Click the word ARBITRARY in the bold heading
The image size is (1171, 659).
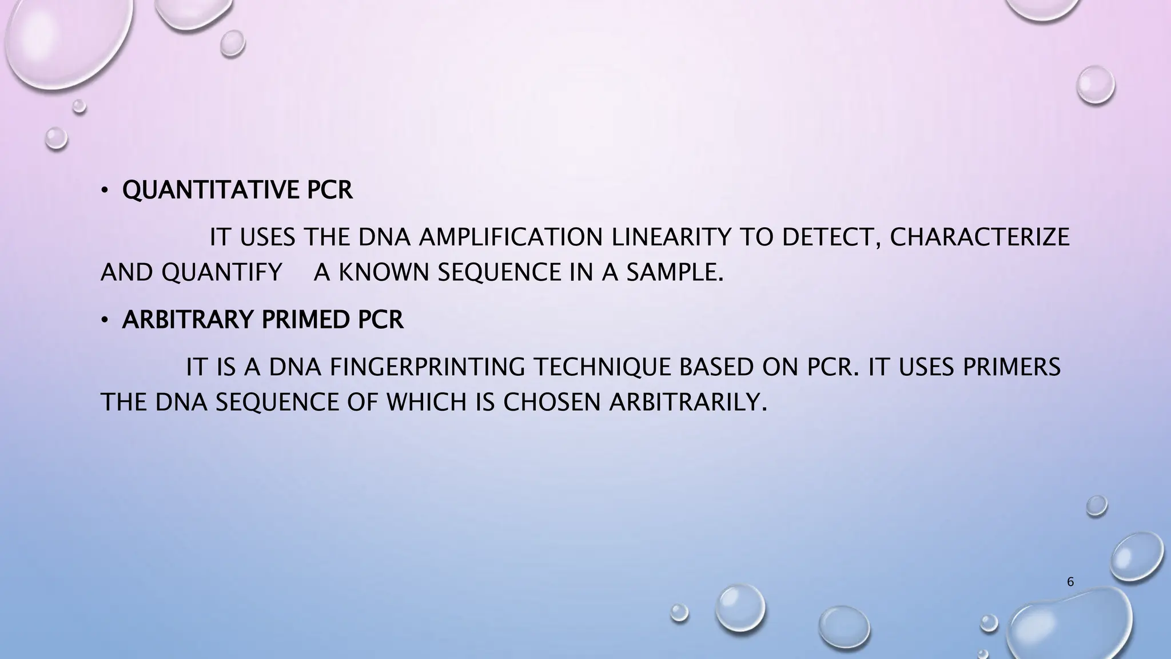(188, 320)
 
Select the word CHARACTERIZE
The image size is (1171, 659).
(979, 237)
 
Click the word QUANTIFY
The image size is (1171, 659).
(222, 273)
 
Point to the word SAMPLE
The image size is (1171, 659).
(675, 273)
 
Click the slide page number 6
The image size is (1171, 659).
(1070, 582)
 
